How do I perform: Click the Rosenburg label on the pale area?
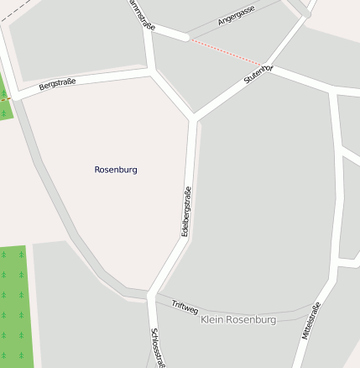116,170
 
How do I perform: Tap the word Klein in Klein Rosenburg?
213,320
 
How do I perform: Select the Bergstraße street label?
57,84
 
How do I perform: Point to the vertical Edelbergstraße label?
186,211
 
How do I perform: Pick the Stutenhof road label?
258,74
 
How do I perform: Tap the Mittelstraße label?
310,320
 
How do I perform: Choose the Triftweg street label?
184,307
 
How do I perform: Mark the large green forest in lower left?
16,307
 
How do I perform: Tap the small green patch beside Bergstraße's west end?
4,99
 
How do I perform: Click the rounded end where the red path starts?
184,36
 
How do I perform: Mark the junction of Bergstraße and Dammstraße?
150,73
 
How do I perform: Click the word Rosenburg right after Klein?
250,320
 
